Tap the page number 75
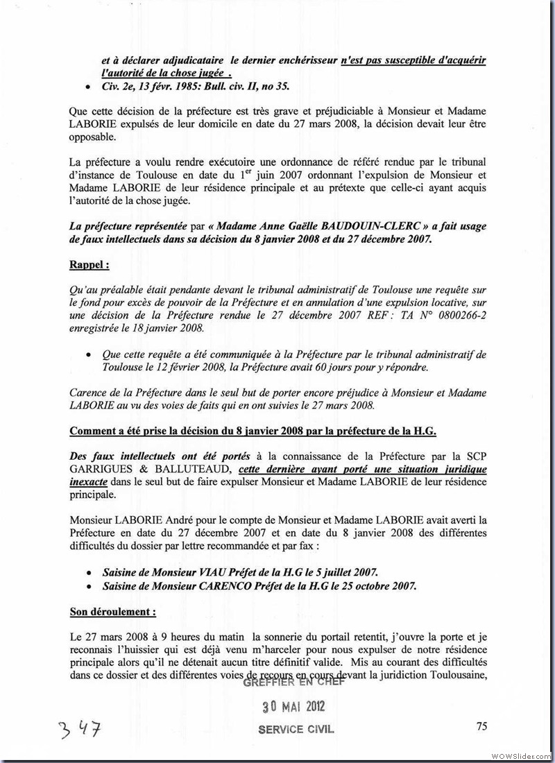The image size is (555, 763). [x=482, y=726]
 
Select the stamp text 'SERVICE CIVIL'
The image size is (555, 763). [x=296, y=730]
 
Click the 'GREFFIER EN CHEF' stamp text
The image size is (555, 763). [x=293, y=683]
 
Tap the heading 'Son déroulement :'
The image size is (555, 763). [x=112, y=612]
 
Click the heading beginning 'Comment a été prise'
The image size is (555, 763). [x=253, y=431]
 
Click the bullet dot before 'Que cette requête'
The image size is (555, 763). [x=88, y=355]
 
